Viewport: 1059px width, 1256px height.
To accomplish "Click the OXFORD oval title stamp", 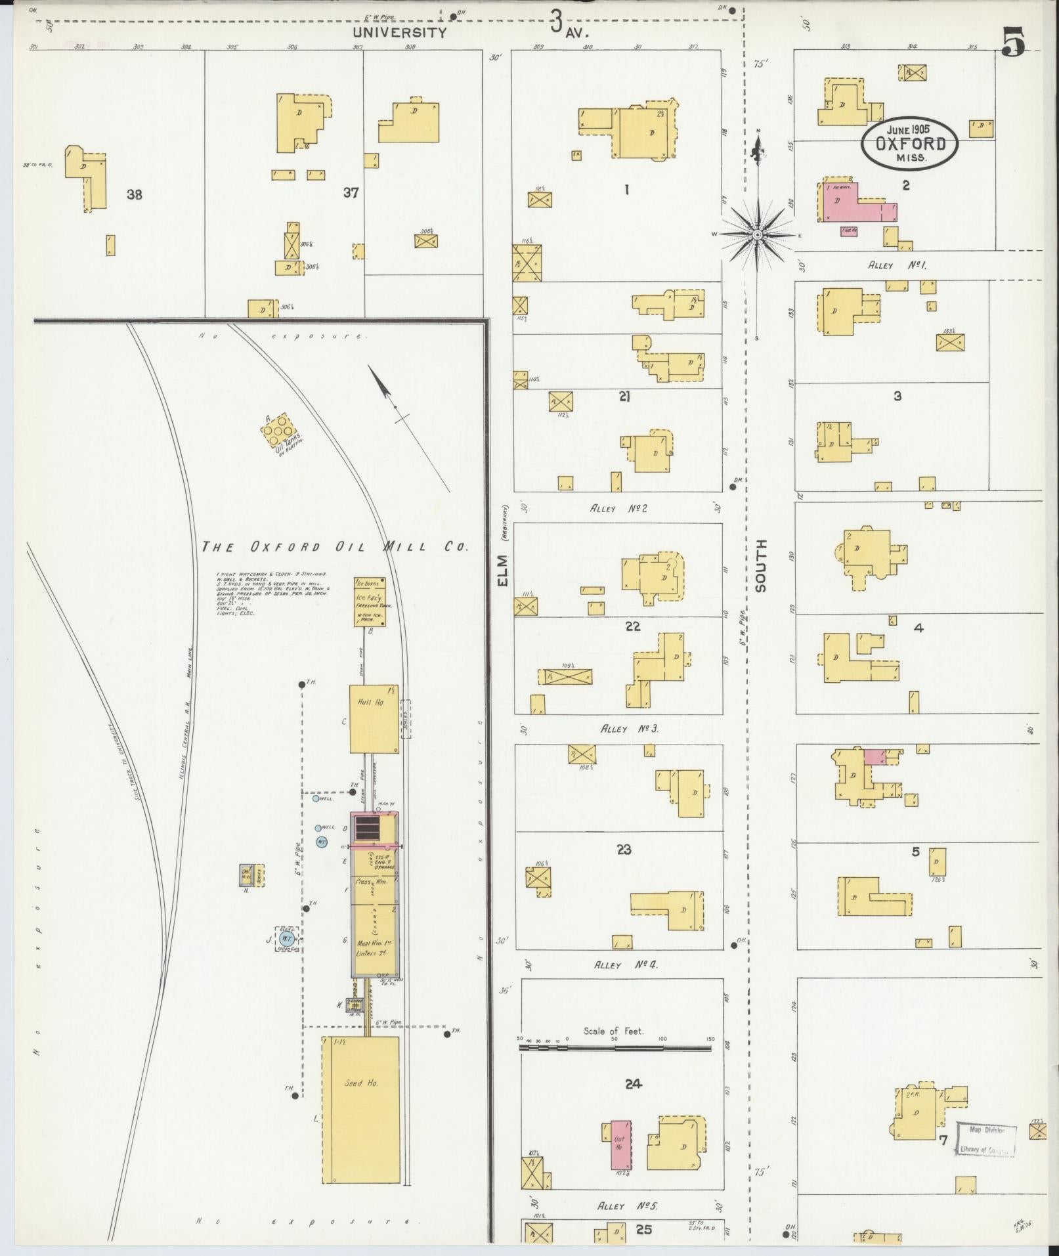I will tap(909, 142).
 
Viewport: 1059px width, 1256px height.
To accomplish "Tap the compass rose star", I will tap(757, 234).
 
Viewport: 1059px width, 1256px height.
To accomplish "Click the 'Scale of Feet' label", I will tap(613, 1031).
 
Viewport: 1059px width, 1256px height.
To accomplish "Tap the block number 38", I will tap(134, 194).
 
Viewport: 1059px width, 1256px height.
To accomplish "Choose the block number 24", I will tap(633, 1084).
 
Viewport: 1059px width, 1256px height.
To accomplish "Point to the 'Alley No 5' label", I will tap(627, 1206).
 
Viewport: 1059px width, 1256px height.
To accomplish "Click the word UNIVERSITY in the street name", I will tap(399, 32).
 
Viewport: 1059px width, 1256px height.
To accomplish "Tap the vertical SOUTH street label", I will tap(760, 566).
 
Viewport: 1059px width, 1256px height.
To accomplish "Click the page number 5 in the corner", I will tap(1014, 43).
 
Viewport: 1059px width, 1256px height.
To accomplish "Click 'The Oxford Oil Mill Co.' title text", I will tap(334, 546).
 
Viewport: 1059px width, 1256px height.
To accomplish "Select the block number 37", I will tap(351, 193).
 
